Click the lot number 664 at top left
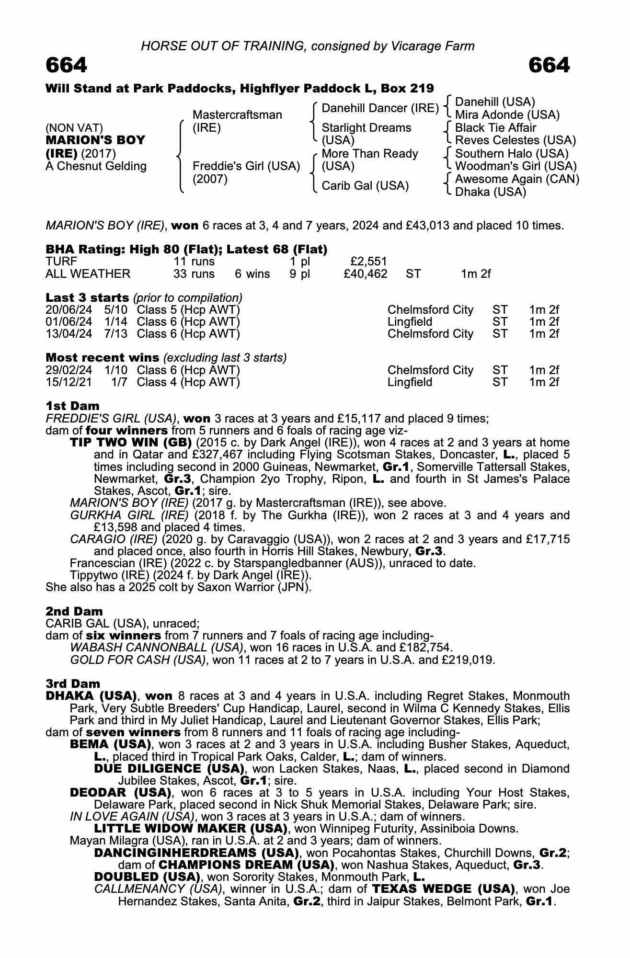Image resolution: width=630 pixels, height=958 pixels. coord(67,65)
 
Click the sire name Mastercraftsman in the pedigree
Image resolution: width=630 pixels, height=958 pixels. coord(237,115)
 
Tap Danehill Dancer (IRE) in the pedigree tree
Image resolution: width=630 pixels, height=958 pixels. coord(380,109)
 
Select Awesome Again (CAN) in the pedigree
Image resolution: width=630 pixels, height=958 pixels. coord(517,179)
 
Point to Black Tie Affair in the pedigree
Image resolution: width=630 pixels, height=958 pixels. coord(495,128)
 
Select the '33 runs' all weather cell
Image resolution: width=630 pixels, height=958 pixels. coord(194,274)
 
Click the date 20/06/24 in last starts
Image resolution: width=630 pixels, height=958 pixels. coord(69,310)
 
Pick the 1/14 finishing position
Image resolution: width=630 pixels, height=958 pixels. coord(116,322)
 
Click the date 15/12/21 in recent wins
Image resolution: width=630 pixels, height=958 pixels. coord(69,382)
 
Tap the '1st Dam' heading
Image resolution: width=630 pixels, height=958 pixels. coord(72,407)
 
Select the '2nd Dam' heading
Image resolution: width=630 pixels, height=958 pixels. coord(74,612)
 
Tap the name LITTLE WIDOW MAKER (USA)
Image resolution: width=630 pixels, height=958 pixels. coord(190,829)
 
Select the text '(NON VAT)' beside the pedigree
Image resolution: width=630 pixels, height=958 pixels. coord(74,128)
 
